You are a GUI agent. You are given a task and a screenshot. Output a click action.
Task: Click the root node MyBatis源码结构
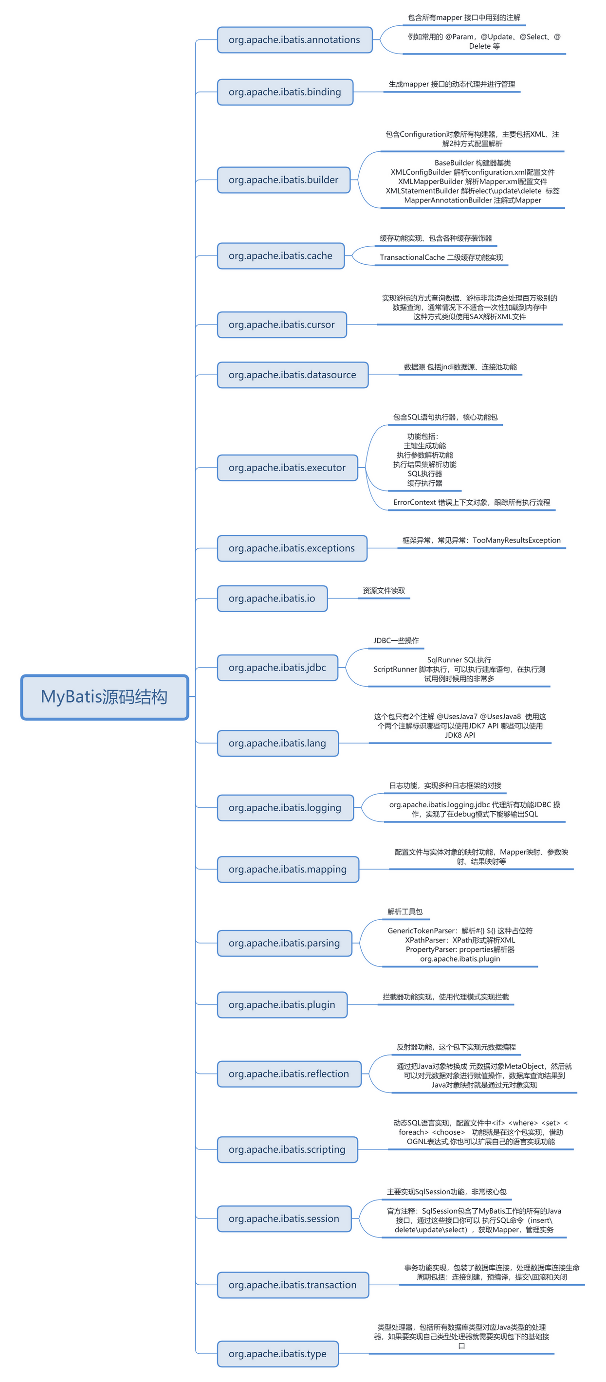tap(105, 696)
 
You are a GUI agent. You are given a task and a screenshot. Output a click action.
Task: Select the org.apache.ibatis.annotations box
tap(294, 40)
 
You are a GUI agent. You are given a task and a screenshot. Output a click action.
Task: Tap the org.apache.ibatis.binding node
tap(285, 92)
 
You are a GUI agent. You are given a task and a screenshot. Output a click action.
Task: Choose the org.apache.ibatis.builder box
tap(283, 180)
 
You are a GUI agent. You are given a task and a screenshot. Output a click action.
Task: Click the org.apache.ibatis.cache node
tap(281, 255)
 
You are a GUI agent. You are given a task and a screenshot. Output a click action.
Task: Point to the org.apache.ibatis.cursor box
tap(282, 325)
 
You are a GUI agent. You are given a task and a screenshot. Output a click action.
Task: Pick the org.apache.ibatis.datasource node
tap(293, 375)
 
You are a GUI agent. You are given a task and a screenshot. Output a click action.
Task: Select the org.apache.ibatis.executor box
tap(287, 467)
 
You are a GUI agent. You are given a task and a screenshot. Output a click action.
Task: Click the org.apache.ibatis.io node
tap(272, 598)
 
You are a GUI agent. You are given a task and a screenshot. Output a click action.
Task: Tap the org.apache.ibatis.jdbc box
tap(277, 667)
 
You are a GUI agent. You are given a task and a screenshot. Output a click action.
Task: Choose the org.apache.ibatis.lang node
tap(277, 743)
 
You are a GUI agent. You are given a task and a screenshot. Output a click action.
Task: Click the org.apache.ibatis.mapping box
tap(288, 869)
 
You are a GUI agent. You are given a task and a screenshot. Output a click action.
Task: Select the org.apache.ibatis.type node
tap(277, 1354)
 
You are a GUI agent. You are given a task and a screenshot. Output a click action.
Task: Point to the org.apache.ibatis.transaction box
tap(293, 1284)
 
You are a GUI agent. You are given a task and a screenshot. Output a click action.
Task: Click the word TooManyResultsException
tap(516, 540)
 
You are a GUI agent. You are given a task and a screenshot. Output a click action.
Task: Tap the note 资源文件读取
tap(384, 590)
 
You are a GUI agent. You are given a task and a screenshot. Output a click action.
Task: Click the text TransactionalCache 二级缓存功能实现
tap(441, 257)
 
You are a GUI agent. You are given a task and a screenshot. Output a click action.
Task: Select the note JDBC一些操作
tap(396, 640)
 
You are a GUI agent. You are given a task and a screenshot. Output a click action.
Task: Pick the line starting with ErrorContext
tap(471, 502)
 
